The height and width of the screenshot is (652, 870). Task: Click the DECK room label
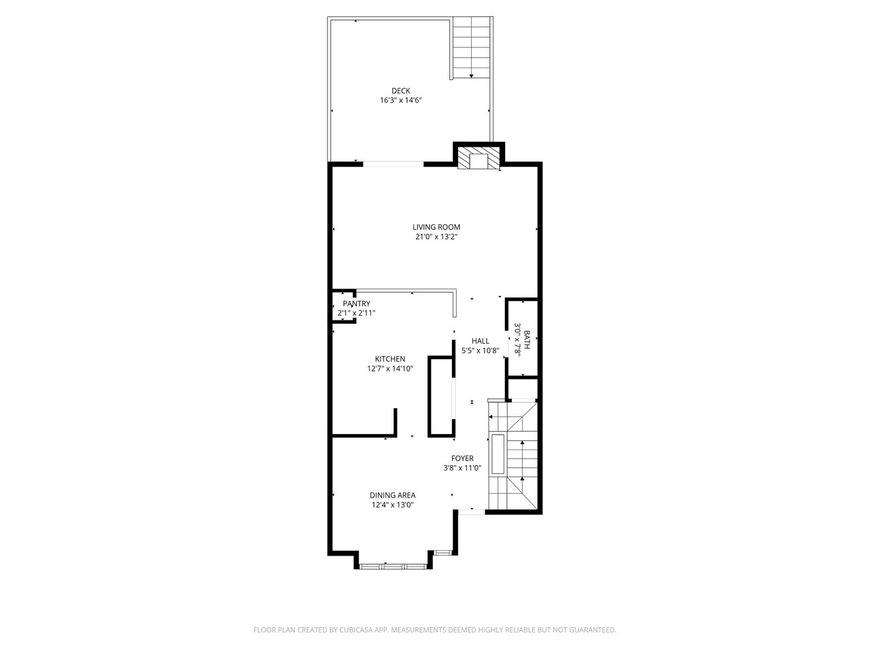400,90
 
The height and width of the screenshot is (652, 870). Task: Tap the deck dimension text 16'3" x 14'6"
400,100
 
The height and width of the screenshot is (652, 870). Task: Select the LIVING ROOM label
436,227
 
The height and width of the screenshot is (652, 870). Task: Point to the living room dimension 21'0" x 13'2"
436,237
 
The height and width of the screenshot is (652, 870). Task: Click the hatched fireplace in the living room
478,158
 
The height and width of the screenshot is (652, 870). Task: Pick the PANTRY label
356,303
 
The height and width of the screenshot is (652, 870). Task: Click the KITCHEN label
390,359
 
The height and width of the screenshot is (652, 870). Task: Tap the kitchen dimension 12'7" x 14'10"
390,369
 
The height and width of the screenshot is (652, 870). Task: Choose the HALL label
480,340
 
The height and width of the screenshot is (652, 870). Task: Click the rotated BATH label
527,340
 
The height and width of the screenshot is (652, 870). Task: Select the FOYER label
462,458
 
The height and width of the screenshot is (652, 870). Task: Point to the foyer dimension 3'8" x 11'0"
462,468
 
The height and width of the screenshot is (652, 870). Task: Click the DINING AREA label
392,495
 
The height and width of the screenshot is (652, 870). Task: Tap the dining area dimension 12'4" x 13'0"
392,505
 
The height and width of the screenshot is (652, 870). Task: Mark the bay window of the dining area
392,566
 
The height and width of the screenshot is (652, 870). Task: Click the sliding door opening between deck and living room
393,164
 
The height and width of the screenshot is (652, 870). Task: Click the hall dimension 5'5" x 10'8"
480,350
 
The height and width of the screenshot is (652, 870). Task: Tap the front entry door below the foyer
472,512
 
